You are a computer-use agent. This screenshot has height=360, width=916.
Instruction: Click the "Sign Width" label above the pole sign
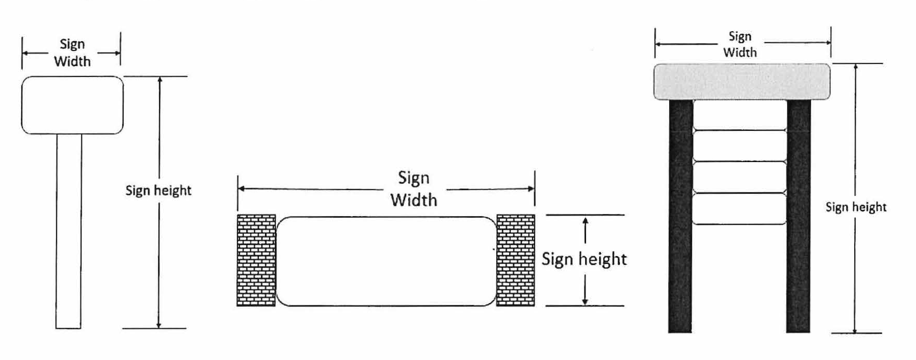(72, 53)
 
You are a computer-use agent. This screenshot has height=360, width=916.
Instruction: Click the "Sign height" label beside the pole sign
(158, 191)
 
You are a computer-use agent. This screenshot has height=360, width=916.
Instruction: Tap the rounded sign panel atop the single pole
(72, 105)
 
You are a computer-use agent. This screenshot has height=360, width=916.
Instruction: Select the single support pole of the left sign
(69, 231)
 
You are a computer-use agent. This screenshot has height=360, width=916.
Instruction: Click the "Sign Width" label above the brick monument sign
(414, 189)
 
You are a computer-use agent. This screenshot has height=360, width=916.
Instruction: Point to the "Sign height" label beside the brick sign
(584, 259)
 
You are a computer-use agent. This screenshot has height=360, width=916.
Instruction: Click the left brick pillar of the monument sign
(256, 260)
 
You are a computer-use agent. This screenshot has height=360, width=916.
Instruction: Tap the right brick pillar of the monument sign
(515, 260)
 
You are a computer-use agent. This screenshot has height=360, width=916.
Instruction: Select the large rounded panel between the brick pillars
(386, 261)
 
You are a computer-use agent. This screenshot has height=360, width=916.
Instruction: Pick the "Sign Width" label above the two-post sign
(740, 44)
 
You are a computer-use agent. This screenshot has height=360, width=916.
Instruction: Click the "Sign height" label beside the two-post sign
(856, 207)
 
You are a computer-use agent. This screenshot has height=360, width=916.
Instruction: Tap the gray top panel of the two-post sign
(741, 82)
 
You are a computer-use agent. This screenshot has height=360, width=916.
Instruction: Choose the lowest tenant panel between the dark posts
(739, 209)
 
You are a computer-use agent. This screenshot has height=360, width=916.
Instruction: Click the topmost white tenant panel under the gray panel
(739, 115)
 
